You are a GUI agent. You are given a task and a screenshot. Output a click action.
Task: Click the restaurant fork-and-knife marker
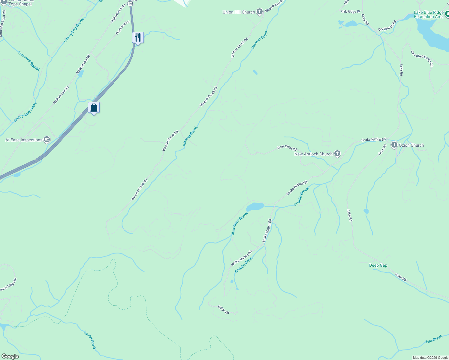(138, 37)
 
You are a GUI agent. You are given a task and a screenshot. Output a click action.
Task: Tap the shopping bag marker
(94, 107)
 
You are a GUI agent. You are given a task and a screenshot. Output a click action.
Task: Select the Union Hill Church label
(239, 12)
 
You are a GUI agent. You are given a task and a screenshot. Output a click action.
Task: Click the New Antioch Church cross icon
(337, 154)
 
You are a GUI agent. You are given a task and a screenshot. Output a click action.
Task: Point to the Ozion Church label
(411, 145)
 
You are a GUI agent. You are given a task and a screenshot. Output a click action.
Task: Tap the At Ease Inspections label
(24, 140)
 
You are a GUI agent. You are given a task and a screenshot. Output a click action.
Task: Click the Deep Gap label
(378, 265)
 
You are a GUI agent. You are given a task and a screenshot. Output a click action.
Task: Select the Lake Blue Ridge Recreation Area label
(429, 14)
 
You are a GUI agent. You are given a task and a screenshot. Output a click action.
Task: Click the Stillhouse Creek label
(239, 223)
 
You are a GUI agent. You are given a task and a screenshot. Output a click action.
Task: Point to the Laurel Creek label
(90, 340)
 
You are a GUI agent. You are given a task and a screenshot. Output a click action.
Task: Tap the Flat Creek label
(434, 339)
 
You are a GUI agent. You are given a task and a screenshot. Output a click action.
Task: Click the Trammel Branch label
(29, 61)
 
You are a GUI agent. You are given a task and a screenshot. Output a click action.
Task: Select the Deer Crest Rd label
(287, 148)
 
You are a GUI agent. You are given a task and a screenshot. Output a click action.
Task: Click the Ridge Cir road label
(223, 310)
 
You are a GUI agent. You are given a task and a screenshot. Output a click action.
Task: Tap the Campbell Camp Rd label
(422, 58)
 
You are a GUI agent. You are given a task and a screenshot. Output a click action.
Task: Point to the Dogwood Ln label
(122, 27)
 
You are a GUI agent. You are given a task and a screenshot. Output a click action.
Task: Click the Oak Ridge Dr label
(351, 11)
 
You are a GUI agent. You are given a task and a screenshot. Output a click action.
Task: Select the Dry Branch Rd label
(387, 25)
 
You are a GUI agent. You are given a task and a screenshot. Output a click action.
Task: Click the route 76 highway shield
(130, 3)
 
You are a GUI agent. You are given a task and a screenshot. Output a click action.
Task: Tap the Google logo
(10, 356)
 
